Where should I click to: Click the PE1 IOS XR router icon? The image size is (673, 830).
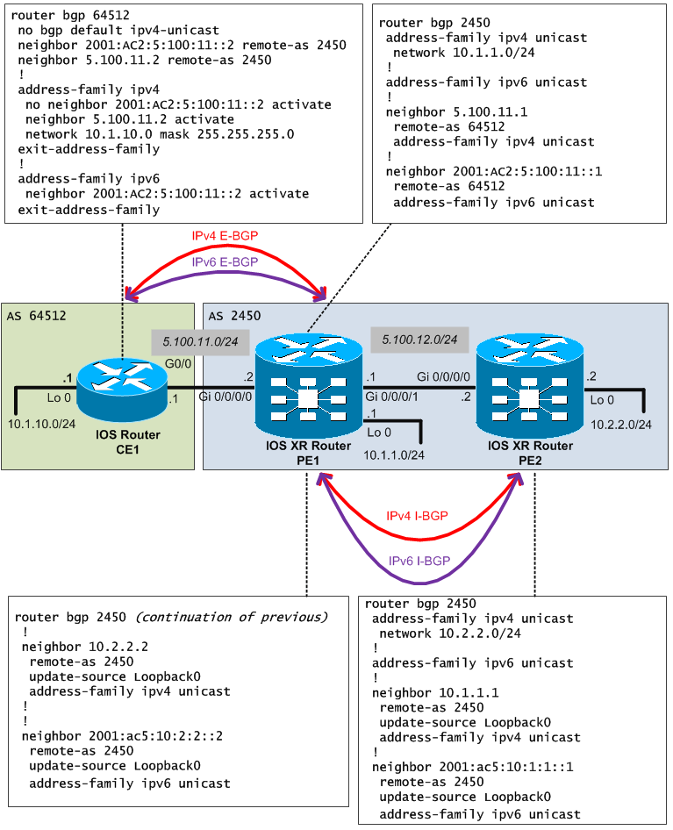coord(308,386)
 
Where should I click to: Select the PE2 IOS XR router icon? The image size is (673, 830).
coord(529,386)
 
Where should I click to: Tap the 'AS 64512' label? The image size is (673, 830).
coord(36,315)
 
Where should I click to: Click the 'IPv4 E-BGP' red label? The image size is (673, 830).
coord(225,236)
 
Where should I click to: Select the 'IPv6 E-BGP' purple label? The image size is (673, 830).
coord(225,261)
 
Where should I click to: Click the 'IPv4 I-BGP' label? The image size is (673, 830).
coord(417,516)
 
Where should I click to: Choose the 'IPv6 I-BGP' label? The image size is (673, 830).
coord(419,561)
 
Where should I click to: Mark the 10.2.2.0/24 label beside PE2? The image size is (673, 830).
coord(621,425)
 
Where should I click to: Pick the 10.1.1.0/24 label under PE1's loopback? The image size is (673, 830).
coord(393,454)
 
